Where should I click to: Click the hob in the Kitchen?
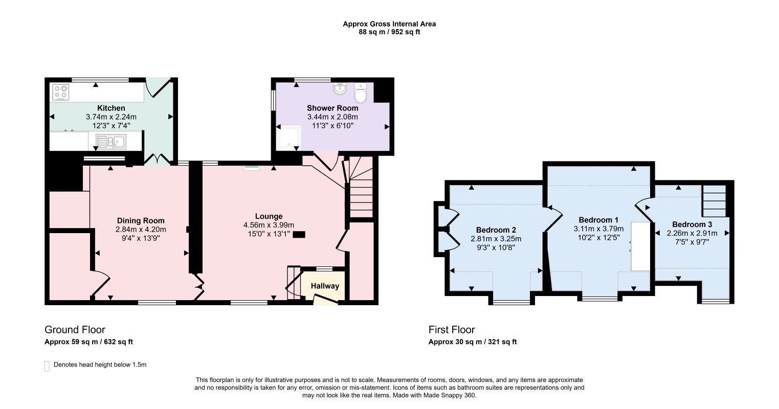pyautogui.click(x=60, y=92)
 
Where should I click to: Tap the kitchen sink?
pyautogui.click(x=112, y=142)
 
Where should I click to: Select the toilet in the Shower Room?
pyautogui.click(x=361, y=93)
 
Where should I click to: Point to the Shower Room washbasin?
pyautogui.click(x=340, y=89)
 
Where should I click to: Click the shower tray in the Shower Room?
pyautogui.click(x=288, y=137)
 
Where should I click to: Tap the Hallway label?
pyautogui.click(x=325, y=286)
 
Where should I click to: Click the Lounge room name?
pyautogui.click(x=269, y=216)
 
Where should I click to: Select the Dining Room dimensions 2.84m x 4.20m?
pyautogui.click(x=141, y=230)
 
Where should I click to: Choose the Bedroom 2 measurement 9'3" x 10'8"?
pyautogui.click(x=496, y=247)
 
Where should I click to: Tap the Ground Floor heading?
pyautogui.click(x=75, y=329)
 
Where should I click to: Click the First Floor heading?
pyautogui.click(x=452, y=329)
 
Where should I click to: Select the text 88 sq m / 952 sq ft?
pyautogui.click(x=389, y=32)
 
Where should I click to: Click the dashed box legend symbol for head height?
pyautogui.click(x=47, y=366)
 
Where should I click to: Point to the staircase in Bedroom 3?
pyautogui.click(x=714, y=201)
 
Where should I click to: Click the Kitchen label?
pyautogui.click(x=112, y=108)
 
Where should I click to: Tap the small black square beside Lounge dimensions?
pyautogui.click(x=299, y=235)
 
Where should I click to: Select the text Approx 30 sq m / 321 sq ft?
pyautogui.click(x=473, y=342)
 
